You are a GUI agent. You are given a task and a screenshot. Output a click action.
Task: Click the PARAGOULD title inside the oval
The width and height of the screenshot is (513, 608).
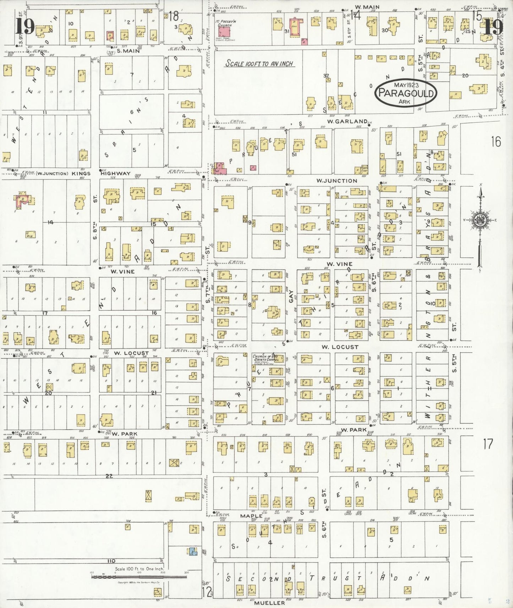point(406,93)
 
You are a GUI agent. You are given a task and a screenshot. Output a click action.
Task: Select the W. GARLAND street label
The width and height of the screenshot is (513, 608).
point(347,121)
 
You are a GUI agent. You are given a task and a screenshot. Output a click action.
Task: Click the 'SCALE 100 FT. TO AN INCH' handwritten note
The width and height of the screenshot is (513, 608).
point(260,64)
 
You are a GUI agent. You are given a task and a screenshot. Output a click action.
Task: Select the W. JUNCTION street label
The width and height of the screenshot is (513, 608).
point(337,181)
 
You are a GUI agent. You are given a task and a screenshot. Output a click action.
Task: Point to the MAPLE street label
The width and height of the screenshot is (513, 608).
point(251,516)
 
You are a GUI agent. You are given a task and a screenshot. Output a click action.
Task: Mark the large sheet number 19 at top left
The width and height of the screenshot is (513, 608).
point(25,27)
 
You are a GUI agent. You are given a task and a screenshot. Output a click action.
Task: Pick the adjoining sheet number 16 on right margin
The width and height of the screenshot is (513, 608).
point(496,142)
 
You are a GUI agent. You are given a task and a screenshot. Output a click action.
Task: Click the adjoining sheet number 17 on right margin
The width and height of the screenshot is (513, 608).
point(488,444)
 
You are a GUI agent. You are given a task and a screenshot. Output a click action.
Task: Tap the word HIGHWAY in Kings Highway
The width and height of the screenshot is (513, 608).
point(115,173)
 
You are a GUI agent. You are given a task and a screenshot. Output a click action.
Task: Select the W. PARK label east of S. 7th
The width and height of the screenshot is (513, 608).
point(353,430)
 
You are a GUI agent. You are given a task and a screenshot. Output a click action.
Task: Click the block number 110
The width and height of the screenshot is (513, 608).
point(111,561)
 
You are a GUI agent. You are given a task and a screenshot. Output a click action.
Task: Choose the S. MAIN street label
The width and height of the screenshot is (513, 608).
point(128,51)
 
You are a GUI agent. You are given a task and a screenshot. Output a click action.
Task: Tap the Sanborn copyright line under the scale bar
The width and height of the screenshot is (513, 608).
point(138,582)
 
